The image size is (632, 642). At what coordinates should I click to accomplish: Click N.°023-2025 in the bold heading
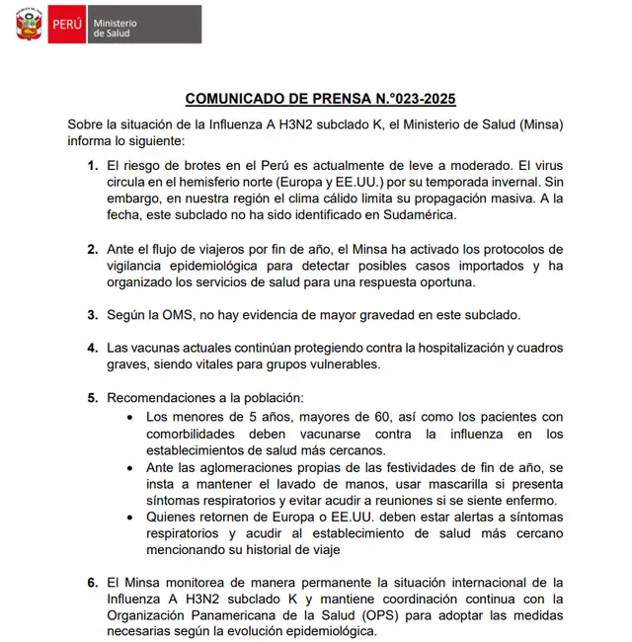(x=406, y=99)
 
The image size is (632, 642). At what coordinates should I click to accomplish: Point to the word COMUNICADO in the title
(x=234, y=99)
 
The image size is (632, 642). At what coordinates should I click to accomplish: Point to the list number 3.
(x=92, y=315)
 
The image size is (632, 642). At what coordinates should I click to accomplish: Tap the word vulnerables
(x=337, y=363)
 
